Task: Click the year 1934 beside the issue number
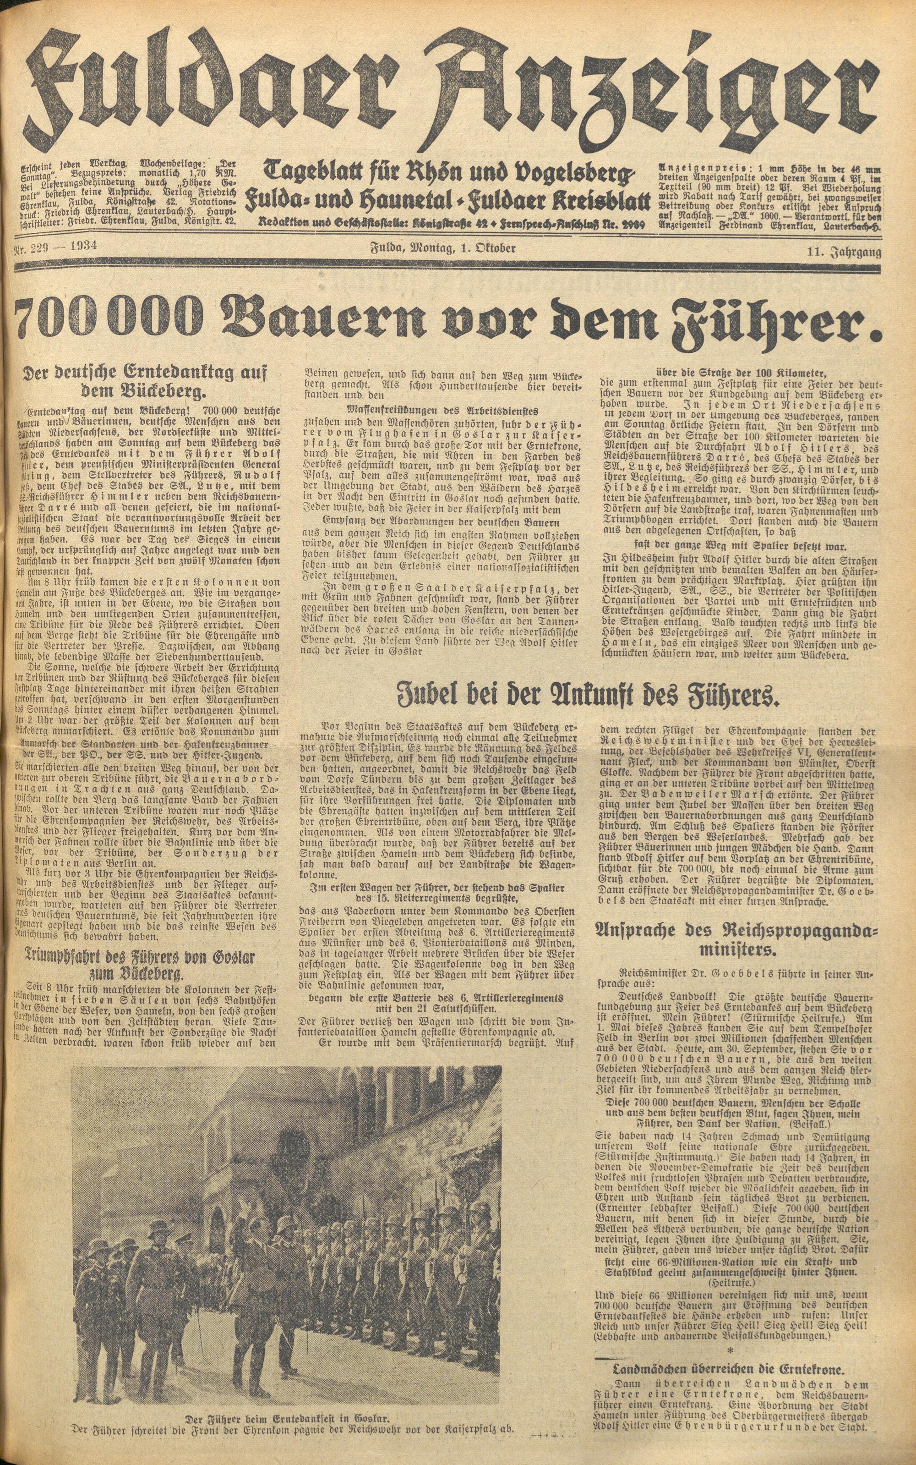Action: (82, 247)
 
